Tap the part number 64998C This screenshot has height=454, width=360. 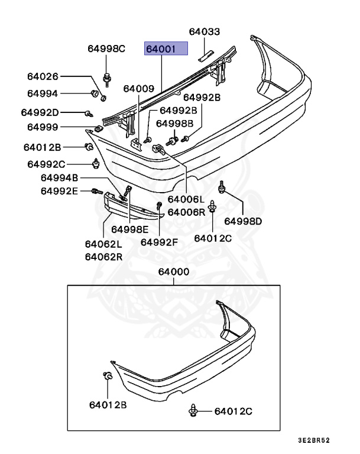click(x=106, y=48)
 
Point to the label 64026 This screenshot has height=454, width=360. click(x=43, y=76)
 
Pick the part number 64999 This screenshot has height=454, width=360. click(x=43, y=127)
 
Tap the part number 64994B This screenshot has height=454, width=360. click(x=59, y=178)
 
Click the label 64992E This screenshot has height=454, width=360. click(x=59, y=190)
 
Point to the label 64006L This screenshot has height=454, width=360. click(x=186, y=200)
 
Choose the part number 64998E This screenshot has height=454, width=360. click(x=129, y=229)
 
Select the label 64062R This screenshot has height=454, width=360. click(x=103, y=257)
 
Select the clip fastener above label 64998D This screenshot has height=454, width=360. click(x=222, y=187)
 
